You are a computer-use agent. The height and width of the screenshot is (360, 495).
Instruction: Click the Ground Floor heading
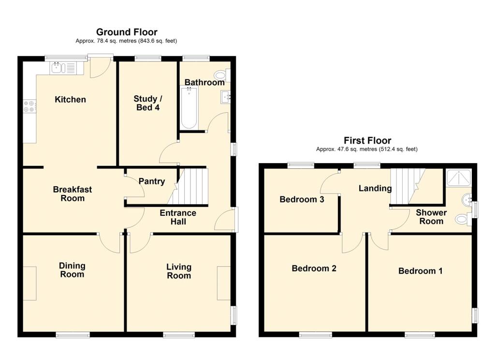point(127,32)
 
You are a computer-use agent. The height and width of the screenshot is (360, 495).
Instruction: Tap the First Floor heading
point(367,141)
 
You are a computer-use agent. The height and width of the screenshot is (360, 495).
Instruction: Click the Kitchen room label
point(70,100)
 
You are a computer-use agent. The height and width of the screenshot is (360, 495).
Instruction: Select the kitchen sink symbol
point(62,68)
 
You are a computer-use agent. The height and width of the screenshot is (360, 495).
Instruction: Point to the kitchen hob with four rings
point(29,106)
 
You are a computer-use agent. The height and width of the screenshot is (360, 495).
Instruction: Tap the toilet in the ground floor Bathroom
point(222,75)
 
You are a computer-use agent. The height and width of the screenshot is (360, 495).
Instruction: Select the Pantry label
point(152,182)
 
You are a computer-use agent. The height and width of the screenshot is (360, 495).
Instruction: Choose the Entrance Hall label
point(178,217)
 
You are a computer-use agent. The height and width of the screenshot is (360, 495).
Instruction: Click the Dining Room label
point(72,270)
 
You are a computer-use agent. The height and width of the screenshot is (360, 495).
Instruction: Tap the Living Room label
point(178,271)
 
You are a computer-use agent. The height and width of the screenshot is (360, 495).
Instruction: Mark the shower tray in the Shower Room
point(457,179)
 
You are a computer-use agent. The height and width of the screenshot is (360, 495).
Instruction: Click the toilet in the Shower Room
point(463,219)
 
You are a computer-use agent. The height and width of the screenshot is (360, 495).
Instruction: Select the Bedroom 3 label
point(302,199)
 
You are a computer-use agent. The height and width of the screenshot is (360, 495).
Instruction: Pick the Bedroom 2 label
point(314,269)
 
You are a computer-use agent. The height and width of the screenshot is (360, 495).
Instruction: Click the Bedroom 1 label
point(420,271)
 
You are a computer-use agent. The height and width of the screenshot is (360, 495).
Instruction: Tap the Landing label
point(375,188)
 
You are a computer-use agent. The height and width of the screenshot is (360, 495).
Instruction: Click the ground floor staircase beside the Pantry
point(189,187)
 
